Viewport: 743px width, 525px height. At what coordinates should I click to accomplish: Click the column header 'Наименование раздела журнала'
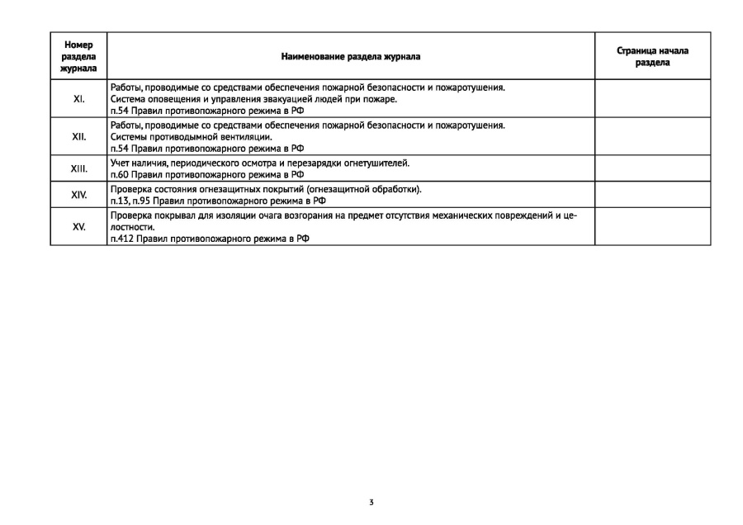click(x=350, y=57)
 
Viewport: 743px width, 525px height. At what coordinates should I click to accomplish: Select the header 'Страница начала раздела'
click(x=652, y=57)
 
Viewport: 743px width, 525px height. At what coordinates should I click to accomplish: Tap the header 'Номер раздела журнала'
click(x=79, y=57)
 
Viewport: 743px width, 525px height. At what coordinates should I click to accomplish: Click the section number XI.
click(x=79, y=99)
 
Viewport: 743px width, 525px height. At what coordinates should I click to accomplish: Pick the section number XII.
click(x=79, y=137)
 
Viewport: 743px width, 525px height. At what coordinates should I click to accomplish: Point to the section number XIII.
click(x=79, y=169)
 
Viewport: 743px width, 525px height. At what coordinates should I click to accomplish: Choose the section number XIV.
click(x=79, y=195)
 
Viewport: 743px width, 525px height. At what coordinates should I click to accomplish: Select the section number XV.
click(x=79, y=226)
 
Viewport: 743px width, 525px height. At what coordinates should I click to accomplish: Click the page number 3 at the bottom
click(x=371, y=502)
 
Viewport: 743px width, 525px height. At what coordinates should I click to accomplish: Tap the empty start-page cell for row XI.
click(x=652, y=99)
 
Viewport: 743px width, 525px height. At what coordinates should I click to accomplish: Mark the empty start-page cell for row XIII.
click(x=652, y=169)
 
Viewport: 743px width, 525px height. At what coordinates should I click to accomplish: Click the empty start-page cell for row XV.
click(x=652, y=226)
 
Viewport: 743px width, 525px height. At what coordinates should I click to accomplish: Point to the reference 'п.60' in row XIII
click(x=120, y=175)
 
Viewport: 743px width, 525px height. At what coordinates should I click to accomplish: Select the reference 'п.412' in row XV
click(x=122, y=239)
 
